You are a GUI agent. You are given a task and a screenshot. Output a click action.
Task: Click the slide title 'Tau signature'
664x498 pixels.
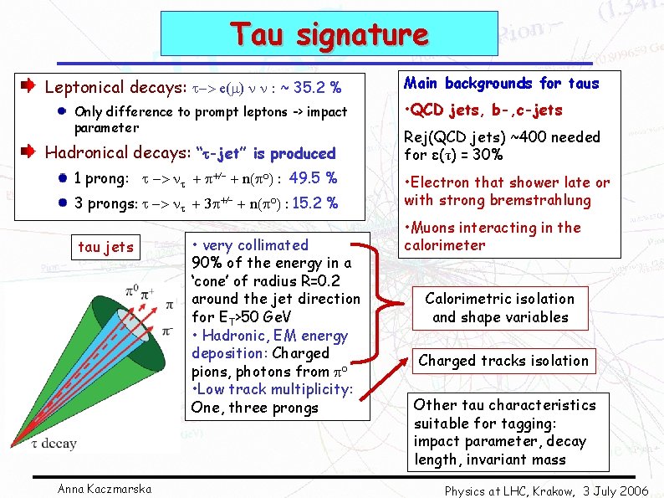[x=329, y=35]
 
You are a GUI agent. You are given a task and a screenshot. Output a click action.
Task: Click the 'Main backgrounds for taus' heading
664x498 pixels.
[x=502, y=83]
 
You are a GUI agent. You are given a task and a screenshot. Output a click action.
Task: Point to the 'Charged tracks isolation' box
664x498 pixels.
[x=503, y=361]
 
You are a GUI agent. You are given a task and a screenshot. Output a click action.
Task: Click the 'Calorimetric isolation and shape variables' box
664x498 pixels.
[x=500, y=308]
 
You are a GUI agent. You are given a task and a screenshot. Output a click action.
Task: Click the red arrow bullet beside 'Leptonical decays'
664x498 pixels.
[x=27, y=86]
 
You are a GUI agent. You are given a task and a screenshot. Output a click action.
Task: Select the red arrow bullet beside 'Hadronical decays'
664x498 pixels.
[x=27, y=151]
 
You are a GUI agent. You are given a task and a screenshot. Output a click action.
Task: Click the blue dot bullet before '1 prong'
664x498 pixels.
[x=62, y=177]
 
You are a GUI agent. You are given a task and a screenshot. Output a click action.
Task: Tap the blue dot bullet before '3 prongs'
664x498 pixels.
[x=62, y=203]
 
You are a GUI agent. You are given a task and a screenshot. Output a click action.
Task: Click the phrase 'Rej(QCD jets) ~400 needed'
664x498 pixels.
[x=502, y=136]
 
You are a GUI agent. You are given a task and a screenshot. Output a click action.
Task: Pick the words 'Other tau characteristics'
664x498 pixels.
[x=504, y=405]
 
